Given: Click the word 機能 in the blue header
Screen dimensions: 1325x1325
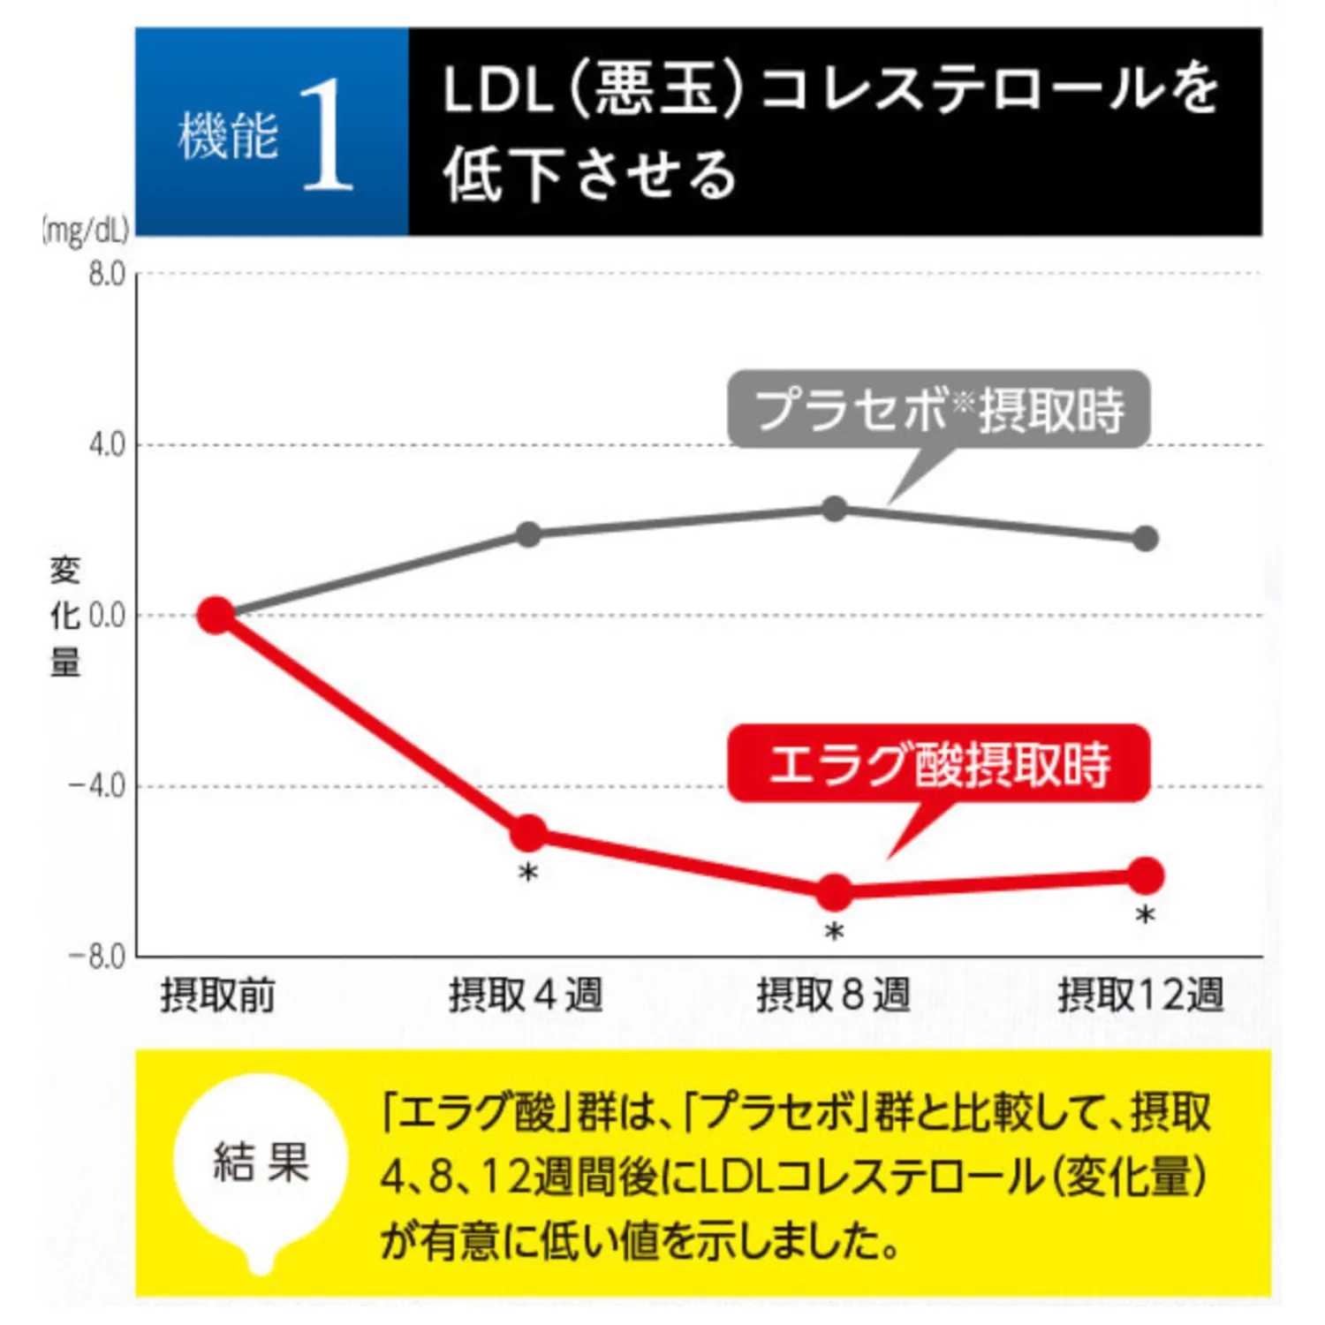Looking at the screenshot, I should click(x=228, y=137).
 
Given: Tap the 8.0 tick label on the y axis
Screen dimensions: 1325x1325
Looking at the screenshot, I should click(x=107, y=275).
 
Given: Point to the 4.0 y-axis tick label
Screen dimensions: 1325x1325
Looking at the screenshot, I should click(x=107, y=444).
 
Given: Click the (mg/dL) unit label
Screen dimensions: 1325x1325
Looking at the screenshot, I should click(x=86, y=231).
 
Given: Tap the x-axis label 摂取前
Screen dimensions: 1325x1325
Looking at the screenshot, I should click(x=217, y=996).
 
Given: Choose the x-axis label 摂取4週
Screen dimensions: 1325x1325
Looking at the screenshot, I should click(x=526, y=996).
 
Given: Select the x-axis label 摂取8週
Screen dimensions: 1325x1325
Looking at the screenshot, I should click(x=833, y=996).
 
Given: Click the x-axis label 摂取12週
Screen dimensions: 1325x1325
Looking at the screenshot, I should click(x=1141, y=996).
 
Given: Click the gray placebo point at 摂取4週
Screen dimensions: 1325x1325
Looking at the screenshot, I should click(x=528, y=534).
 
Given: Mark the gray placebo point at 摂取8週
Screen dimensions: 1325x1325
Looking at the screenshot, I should click(x=834, y=509).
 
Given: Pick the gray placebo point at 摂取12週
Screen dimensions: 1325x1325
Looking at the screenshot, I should click(x=1145, y=539).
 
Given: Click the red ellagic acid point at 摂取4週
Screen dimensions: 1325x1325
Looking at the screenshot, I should click(x=528, y=832).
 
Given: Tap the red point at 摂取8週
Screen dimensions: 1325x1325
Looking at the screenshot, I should click(x=834, y=892).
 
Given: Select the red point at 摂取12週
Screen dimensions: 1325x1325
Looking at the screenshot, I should click(x=1145, y=875).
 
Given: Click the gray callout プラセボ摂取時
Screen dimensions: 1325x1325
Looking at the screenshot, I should click(x=938, y=410).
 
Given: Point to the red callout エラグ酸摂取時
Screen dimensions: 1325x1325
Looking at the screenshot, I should click(x=938, y=764).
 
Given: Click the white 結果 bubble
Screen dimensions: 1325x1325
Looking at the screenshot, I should click(x=261, y=1162).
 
